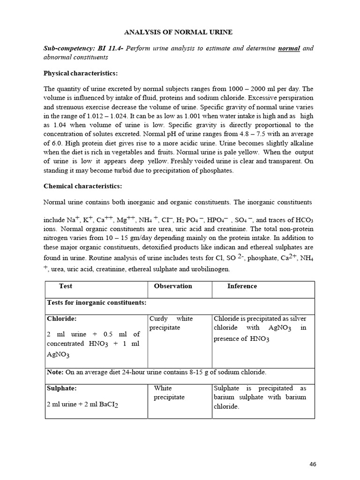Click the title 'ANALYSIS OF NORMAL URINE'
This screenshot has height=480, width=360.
(x=178, y=32)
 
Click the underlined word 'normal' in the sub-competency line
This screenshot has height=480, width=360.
(x=289, y=48)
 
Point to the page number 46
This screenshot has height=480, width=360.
(x=313, y=464)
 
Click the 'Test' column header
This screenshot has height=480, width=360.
(x=66, y=286)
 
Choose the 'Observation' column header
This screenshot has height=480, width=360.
(x=173, y=286)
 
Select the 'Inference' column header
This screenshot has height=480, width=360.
(x=242, y=286)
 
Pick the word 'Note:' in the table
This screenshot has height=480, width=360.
(x=55, y=372)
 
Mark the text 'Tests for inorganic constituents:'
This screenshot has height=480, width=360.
(x=97, y=303)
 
